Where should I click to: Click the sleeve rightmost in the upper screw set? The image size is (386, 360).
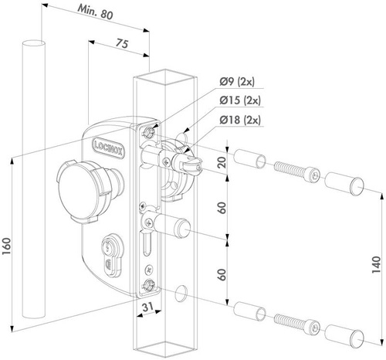(x=342, y=185)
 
